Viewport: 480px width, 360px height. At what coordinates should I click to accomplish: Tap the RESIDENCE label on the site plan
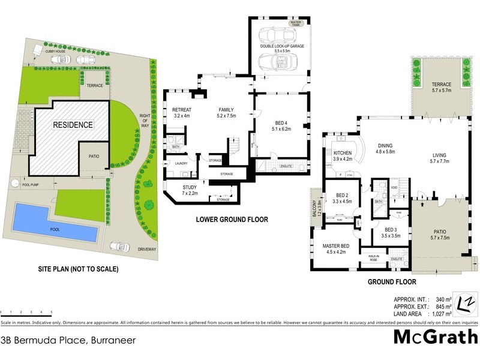point(73,125)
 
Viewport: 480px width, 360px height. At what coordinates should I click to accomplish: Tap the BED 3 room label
point(391,233)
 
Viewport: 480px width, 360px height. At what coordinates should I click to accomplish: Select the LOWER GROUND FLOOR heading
point(232,220)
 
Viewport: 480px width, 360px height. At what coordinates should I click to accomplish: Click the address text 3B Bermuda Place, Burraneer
point(68,340)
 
